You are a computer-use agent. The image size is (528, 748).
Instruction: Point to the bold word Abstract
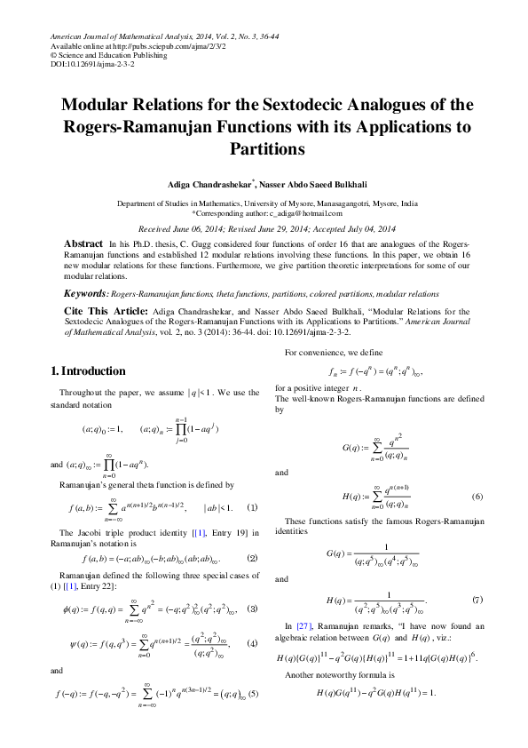point(83,243)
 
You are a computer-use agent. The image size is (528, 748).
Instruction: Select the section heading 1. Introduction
point(88,370)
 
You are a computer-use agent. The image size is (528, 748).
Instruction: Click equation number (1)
point(252,507)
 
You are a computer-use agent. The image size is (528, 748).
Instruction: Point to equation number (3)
point(252,609)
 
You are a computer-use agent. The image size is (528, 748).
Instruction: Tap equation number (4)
point(252,643)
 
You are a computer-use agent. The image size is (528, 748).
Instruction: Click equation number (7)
point(477,601)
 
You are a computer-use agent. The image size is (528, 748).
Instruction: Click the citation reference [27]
point(303,626)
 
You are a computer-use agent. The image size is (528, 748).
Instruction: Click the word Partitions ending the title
point(264,148)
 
